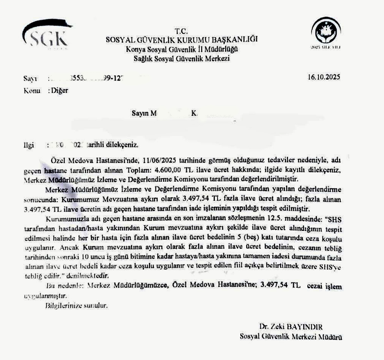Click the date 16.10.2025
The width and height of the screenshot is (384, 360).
click(x=324, y=77)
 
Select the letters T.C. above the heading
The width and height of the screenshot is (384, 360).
click(x=181, y=31)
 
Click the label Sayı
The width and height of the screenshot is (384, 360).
click(x=30, y=78)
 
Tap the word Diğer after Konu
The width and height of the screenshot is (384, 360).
click(x=60, y=91)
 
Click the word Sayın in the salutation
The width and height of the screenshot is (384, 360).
click(x=140, y=113)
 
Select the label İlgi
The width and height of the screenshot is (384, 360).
click(x=28, y=145)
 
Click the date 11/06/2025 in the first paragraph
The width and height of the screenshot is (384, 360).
click(x=160, y=160)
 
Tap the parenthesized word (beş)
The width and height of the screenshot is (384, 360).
click(x=252, y=238)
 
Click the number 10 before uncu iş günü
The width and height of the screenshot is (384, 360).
click(x=85, y=257)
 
